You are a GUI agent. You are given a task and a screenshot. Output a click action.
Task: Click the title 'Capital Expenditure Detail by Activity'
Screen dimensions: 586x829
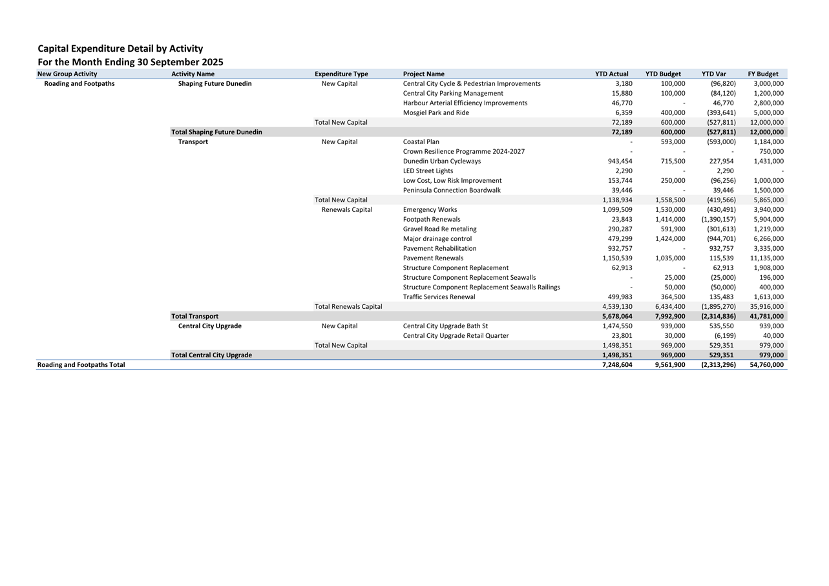click(120, 48)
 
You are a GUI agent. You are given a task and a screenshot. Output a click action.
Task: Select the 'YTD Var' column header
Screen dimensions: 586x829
click(713, 74)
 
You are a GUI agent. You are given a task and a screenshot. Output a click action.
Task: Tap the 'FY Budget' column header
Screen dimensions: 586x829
click(762, 74)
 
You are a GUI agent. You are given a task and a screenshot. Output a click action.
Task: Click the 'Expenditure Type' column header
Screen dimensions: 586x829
click(341, 74)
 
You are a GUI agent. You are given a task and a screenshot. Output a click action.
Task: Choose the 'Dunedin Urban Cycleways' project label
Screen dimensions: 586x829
click(442, 161)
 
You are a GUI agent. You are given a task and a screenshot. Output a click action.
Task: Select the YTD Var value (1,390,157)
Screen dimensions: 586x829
click(718, 219)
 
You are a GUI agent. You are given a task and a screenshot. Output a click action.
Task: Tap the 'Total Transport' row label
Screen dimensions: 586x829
click(194, 316)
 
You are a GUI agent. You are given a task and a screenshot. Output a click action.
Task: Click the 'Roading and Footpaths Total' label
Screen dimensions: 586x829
click(81, 364)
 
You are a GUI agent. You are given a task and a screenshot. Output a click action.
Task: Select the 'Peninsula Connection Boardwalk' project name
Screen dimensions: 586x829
click(452, 190)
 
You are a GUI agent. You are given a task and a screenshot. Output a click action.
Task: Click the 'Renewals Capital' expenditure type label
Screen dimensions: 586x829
click(347, 209)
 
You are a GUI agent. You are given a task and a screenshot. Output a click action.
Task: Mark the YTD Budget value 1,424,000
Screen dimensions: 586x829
click(669, 238)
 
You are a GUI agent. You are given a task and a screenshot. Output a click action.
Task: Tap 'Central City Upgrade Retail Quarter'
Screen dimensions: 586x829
click(456, 335)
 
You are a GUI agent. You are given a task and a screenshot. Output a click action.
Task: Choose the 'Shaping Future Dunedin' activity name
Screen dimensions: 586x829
click(215, 83)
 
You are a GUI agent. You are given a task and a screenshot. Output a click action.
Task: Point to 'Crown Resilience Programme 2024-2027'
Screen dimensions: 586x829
click(464, 151)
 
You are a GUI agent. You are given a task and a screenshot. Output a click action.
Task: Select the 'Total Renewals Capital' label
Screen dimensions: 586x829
click(348, 306)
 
